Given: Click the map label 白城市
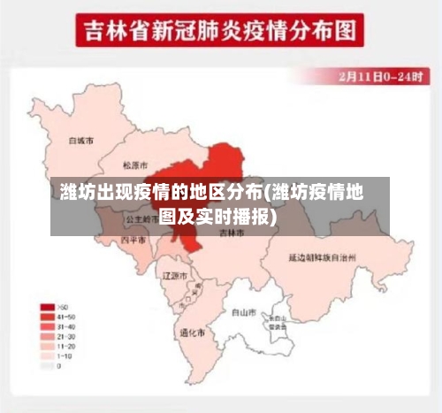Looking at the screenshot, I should pos(81,140).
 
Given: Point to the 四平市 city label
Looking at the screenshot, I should pos(133,240).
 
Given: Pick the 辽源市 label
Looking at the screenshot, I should pos(175,276).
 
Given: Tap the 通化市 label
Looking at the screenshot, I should pos(192,333).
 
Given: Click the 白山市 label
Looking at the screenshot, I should pos(244,312).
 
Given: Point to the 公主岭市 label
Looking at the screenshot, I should pos(141,218).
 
